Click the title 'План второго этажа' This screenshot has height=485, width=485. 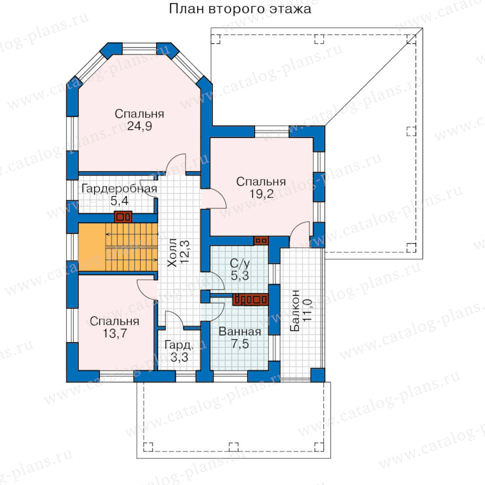[240, 9]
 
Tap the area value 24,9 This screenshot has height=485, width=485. [140, 126]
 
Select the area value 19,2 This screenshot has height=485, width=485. [261, 194]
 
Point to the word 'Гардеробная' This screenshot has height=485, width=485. [120, 189]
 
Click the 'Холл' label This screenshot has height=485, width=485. [172, 253]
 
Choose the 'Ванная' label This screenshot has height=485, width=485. [240, 332]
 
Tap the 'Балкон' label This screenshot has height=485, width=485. [295, 310]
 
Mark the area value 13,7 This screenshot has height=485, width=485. [115, 334]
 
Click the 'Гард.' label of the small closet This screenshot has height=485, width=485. [179, 345]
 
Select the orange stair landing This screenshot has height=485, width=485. [92, 247]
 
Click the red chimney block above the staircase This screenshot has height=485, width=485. [123, 217]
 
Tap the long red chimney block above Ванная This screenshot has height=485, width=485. [250, 300]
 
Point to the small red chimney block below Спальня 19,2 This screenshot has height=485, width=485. [261, 241]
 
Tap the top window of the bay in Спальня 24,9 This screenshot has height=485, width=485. [139, 48]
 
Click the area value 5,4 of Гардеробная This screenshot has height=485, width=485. [120, 201]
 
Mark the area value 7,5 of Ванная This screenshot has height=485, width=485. [240, 344]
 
